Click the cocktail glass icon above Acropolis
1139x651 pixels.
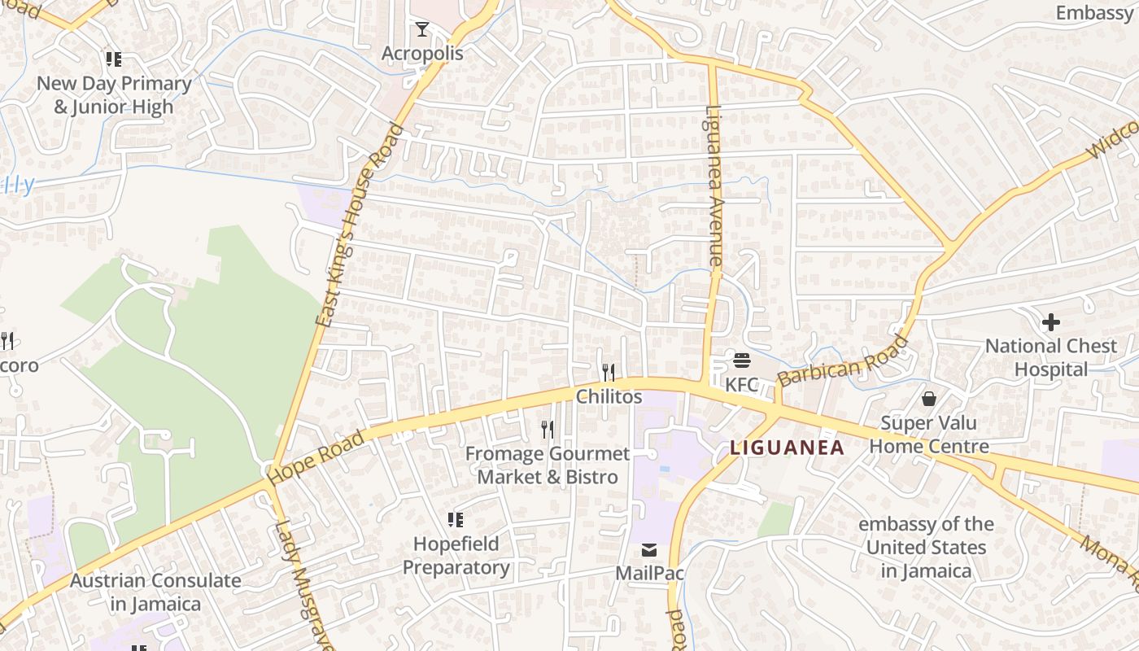421,30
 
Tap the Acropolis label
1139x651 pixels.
422,54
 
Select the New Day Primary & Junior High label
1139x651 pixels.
114,95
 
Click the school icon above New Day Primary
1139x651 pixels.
114,59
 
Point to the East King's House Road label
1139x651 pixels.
360,225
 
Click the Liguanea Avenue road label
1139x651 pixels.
714,186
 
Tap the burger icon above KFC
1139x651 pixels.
741,360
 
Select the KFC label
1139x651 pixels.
741,384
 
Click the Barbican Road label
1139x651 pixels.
843,360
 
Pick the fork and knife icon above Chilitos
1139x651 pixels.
609,373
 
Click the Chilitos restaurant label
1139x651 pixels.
609,397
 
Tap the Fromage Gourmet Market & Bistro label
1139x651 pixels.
548,465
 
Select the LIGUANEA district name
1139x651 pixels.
787,448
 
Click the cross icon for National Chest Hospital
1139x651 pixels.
1051,322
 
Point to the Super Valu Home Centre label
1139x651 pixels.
929,435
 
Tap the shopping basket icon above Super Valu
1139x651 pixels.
929,399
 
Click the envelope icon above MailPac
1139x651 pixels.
649,550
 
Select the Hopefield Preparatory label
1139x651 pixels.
456,555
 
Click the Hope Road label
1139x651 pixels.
316,459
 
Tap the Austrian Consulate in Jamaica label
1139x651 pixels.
155,592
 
